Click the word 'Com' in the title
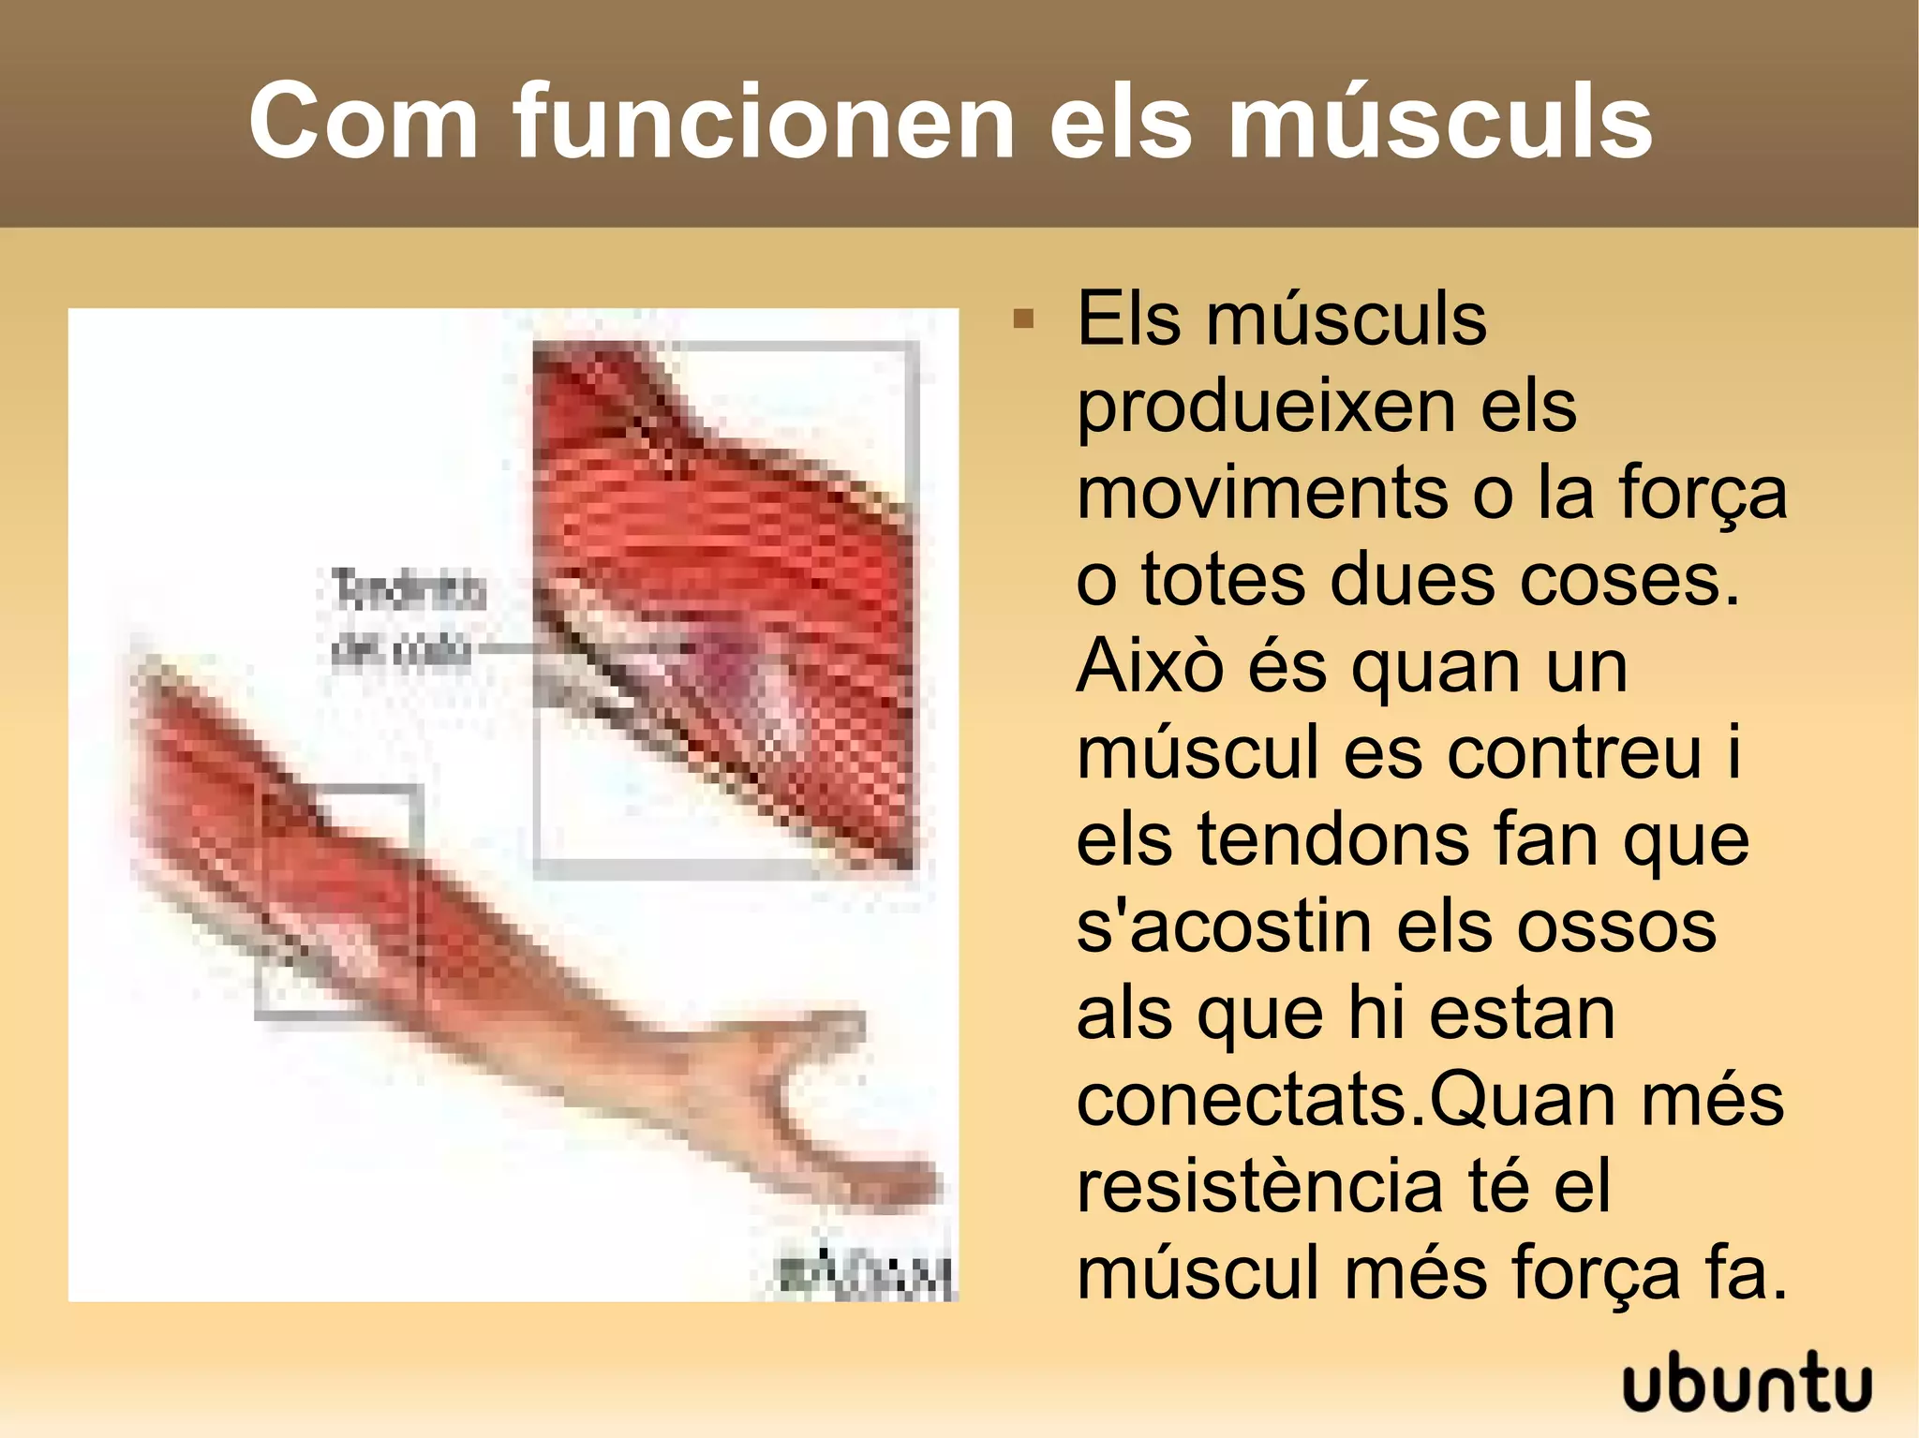coord(363,122)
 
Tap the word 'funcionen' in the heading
coord(764,122)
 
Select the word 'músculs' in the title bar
coord(1439,122)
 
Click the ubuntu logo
coord(1747,1384)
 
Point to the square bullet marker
coord(1023,319)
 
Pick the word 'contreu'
coord(1573,752)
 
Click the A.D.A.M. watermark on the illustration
coord(866,1273)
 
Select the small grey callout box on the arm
coord(337,901)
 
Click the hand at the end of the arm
coord(843,1124)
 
